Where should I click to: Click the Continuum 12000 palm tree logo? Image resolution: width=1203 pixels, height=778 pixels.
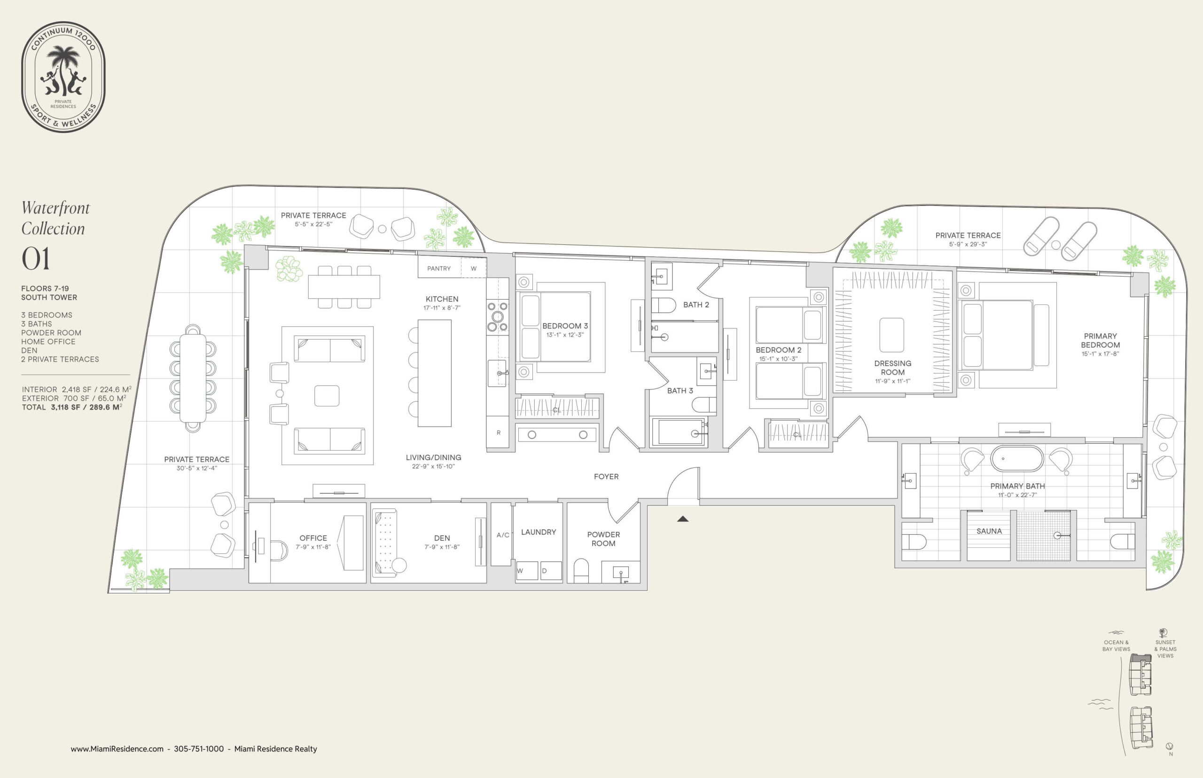[63, 77]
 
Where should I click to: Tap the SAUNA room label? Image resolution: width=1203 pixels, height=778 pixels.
[989, 531]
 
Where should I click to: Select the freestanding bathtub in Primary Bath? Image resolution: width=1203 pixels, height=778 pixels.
[1017, 459]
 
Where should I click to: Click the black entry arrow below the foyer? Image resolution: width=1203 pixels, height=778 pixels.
[683, 518]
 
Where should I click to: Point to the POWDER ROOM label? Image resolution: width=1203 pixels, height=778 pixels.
[603, 538]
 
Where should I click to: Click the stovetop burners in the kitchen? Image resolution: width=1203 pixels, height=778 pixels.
[497, 317]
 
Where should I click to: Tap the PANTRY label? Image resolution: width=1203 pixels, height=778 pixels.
[438, 268]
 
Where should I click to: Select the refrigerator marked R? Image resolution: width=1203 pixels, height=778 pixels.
[498, 432]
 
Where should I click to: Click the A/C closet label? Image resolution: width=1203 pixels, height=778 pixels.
[503, 535]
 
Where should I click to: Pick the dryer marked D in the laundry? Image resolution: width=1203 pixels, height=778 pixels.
[551, 570]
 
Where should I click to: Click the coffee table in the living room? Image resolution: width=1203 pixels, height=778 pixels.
[327, 396]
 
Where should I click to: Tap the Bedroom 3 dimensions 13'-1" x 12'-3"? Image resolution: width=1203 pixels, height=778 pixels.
[565, 335]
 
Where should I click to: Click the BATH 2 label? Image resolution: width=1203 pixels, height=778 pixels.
[696, 304]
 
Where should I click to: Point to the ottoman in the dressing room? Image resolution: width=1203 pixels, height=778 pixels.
[891, 335]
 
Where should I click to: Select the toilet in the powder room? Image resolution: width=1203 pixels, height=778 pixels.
[582, 570]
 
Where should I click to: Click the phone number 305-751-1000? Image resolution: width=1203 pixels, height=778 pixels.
[199, 749]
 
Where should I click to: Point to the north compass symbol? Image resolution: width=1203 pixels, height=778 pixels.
[1169, 747]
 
